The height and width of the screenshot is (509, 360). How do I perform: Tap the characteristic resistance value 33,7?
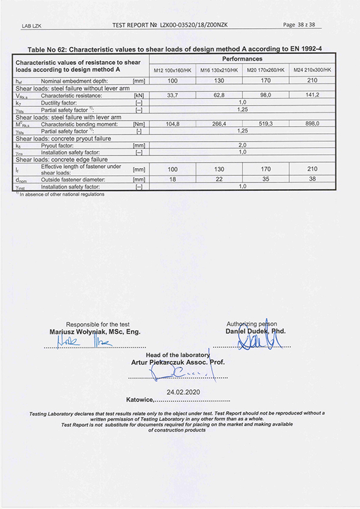[173, 95]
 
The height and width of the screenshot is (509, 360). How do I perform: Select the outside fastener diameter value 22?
[220, 179]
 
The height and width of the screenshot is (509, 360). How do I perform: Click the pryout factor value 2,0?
[243, 145]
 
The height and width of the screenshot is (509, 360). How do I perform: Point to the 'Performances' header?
[242, 59]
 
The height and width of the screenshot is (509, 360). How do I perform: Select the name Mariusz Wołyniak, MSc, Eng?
[95, 331]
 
